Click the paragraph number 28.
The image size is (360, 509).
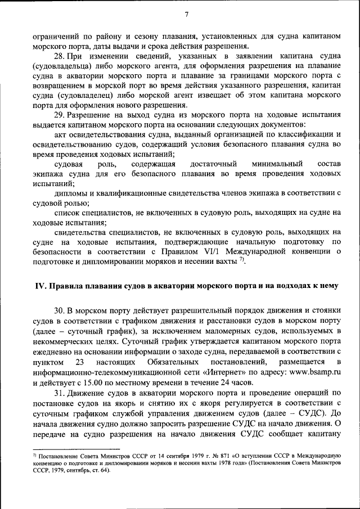pos(59,57)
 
